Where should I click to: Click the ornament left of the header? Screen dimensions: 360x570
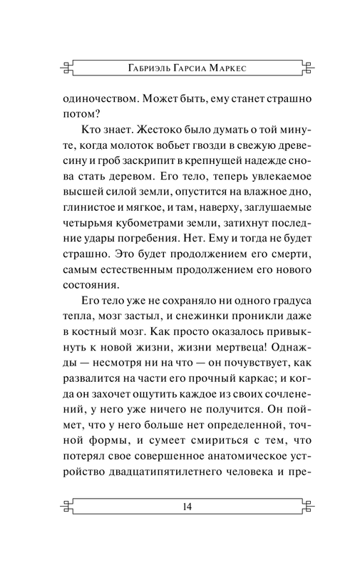pos(66,68)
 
